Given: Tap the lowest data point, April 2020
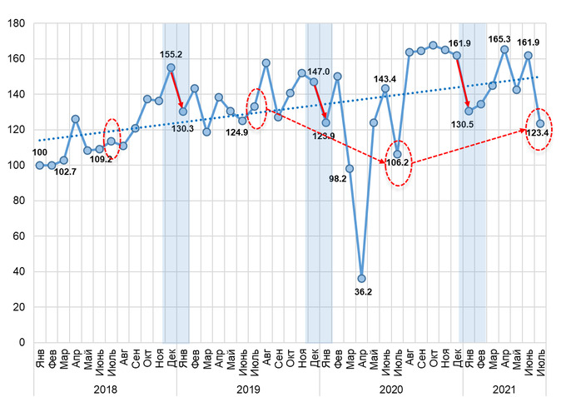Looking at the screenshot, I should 361,278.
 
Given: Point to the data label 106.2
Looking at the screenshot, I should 398,163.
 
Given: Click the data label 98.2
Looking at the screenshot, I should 337,179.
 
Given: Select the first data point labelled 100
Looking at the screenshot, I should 39,165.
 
